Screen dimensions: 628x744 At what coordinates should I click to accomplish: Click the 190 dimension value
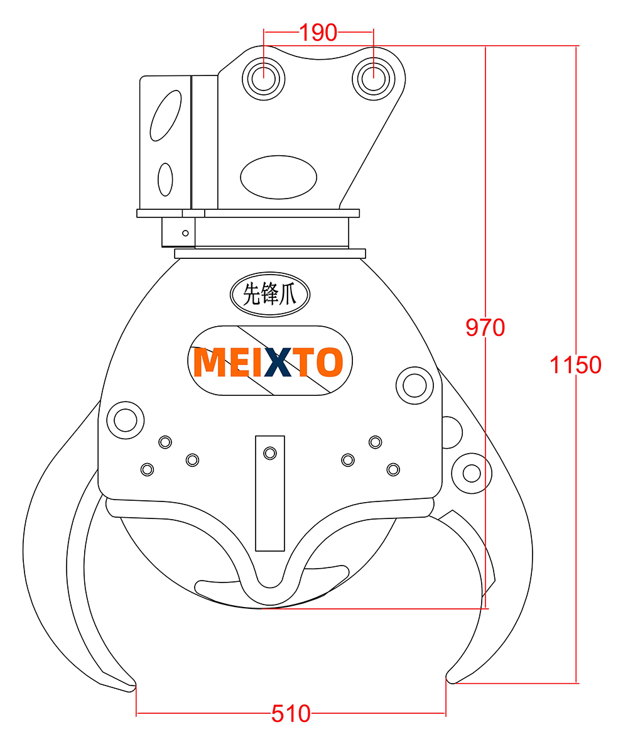tap(318, 33)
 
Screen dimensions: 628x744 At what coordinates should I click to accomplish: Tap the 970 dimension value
tap(485, 327)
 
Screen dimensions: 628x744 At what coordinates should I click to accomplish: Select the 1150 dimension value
tap(575, 365)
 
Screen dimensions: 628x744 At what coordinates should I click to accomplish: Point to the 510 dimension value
tap(291, 713)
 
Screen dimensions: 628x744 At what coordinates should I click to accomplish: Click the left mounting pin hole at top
tap(264, 79)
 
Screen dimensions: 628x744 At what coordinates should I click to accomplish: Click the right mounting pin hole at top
tap(373, 79)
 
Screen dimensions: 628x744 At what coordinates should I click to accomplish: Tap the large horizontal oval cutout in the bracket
tap(278, 177)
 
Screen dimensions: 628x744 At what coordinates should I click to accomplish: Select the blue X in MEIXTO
tap(278, 362)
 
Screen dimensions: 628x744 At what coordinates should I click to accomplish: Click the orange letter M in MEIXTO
tap(210, 362)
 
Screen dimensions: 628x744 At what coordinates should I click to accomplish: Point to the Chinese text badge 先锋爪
tap(270, 294)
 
